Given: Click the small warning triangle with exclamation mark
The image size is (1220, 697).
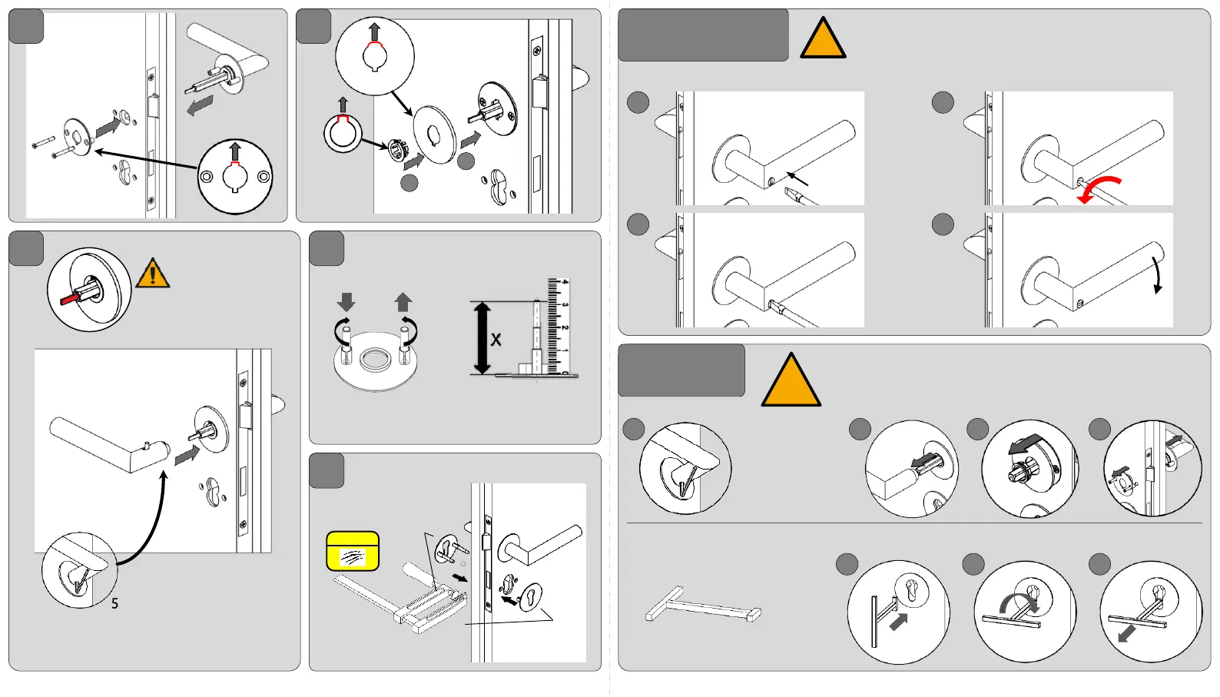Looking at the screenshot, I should click(153, 274).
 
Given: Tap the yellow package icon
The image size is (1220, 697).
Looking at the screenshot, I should click(353, 552).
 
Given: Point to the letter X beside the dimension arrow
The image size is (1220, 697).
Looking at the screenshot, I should click(496, 340).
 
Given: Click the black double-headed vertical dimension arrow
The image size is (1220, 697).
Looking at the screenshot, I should click(482, 338).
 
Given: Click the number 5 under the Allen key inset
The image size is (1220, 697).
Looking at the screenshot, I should click(114, 604).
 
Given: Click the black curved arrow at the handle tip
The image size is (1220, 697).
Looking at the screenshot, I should click(1156, 274).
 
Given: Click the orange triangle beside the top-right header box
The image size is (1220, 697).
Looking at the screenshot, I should click(823, 40).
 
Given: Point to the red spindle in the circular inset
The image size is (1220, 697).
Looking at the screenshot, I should click(71, 297).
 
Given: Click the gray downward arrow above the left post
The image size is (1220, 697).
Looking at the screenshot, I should click(346, 301).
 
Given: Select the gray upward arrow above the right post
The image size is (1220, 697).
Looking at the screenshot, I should click(403, 301).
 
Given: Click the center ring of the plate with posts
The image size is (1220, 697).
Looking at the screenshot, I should click(376, 359).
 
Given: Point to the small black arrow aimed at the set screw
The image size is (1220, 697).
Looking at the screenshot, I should click(798, 178).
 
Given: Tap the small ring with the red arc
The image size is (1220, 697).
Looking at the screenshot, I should click(342, 132).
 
